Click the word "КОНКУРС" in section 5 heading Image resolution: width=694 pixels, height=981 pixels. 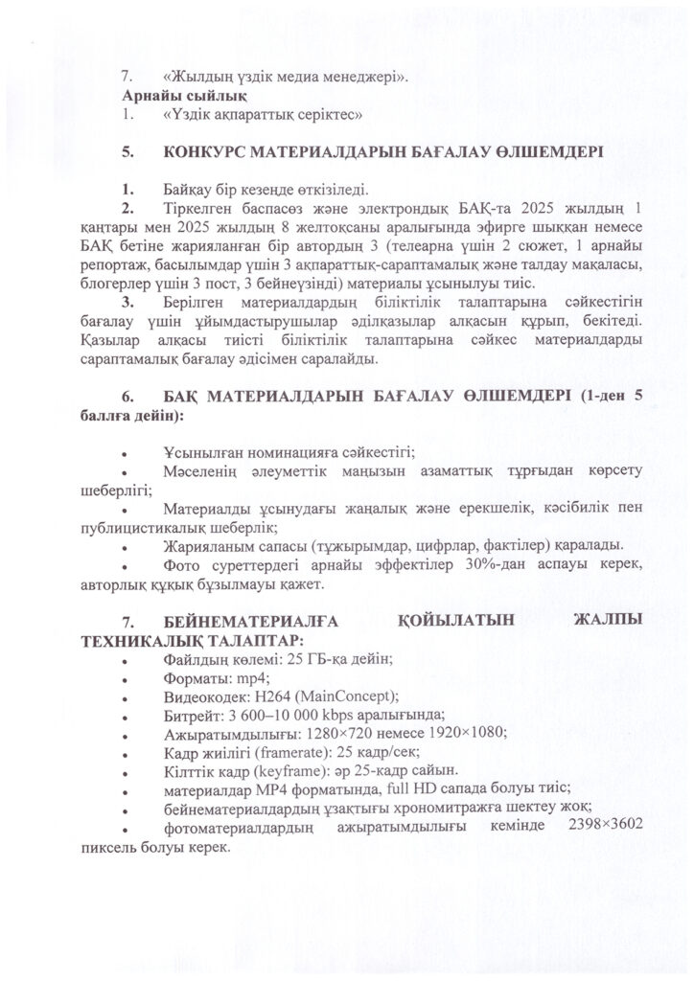212,151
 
